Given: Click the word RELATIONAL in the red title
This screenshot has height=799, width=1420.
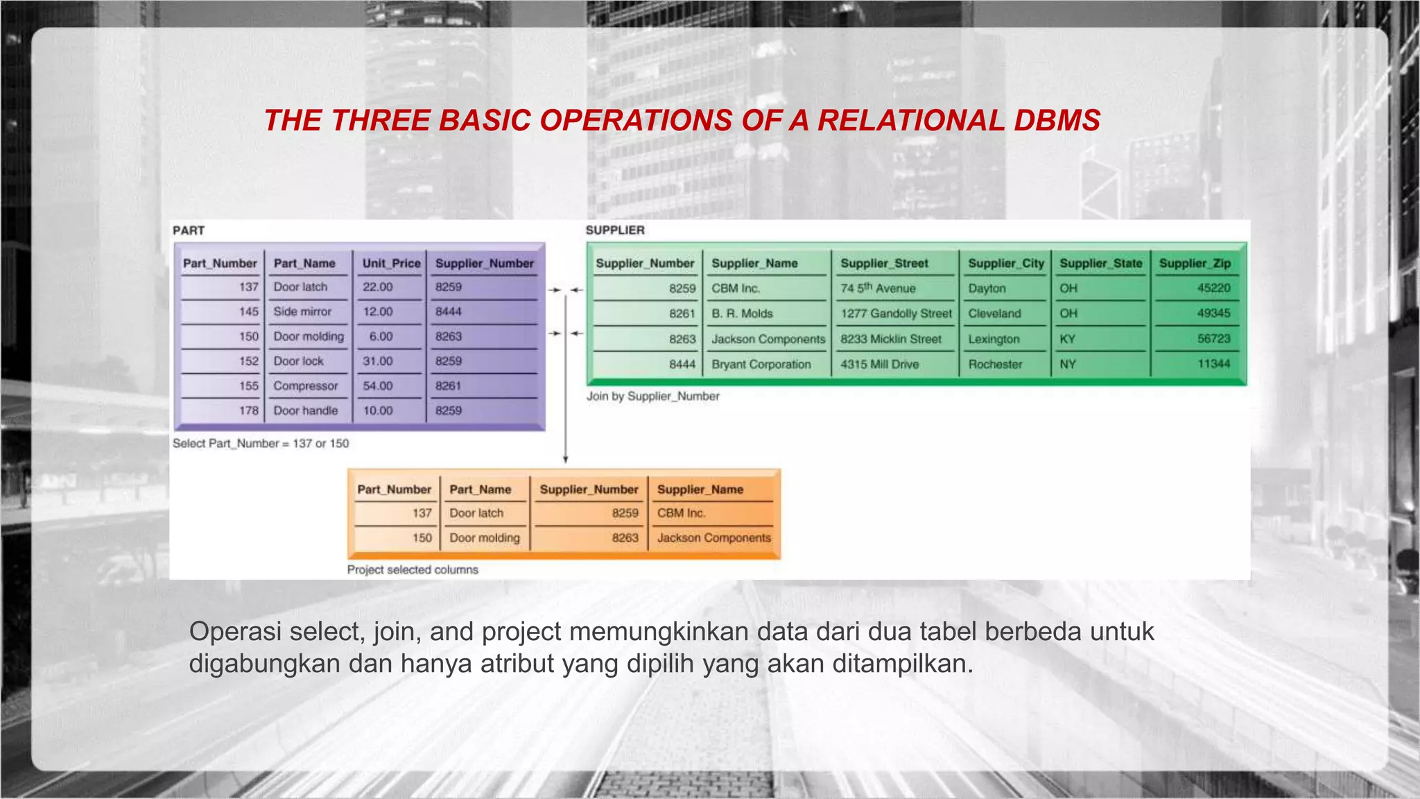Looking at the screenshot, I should pyautogui.click(x=910, y=121).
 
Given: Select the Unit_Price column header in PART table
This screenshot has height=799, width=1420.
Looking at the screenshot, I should pyautogui.click(x=391, y=264).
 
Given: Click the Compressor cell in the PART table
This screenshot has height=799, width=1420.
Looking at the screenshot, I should pyautogui.click(x=305, y=386).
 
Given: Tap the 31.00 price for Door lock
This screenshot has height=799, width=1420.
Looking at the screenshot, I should pyautogui.click(x=378, y=361).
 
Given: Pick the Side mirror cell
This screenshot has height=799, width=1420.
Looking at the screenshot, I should pyautogui.click(x=302, y=311).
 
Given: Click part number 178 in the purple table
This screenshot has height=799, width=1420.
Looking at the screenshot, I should pyautogui.click(x=248, y=411).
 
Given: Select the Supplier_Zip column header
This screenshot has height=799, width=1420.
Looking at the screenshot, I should pyautogui.click(x=1195, y=264).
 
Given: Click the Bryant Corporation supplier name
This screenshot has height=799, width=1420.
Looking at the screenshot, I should pyautogui.click(x=761, y=364).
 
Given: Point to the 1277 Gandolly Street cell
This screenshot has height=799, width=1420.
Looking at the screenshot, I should pyautogui.click(x=896, y=313).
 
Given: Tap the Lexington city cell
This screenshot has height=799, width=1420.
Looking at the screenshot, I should pyautogui.click(x=994, y=339).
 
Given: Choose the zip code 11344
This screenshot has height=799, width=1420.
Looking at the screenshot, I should pyautogui.click(x=1213, y=364).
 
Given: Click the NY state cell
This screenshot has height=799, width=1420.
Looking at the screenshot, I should pyautogui.click(x=1067, y=364).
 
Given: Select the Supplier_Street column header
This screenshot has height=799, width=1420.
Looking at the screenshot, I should pyautogui.click(x=884, y=264).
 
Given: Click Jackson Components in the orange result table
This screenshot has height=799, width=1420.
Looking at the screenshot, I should pyautogui.click(x=713, y=538).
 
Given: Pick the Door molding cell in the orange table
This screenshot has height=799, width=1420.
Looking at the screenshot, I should pyautogui.click(x=484, y=538).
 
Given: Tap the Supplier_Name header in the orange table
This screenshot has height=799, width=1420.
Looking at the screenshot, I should pyautogui.click(x=700, y=490).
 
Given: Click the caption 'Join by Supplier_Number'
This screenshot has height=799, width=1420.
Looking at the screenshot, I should pyautogui.click(x=652, y=396).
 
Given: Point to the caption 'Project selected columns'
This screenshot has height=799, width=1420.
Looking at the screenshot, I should pyautogui.click(x=413, y=569).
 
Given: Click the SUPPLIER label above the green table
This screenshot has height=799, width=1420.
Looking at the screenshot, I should pyautogui.click(x=615, y=230).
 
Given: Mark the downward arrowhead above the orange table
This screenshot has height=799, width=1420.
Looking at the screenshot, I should pyautogui.click(x=566, y=459).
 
